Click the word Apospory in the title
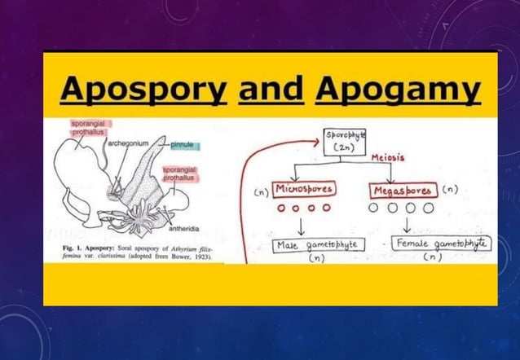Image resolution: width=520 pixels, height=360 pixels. click(145, 91)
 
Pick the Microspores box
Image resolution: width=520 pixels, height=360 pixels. click(302, 191)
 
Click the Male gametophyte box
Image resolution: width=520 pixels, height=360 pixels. click(319, 244)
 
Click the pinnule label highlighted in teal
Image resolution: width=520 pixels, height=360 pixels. click(183, 145)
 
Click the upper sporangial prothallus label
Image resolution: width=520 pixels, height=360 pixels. click(88, 126)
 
